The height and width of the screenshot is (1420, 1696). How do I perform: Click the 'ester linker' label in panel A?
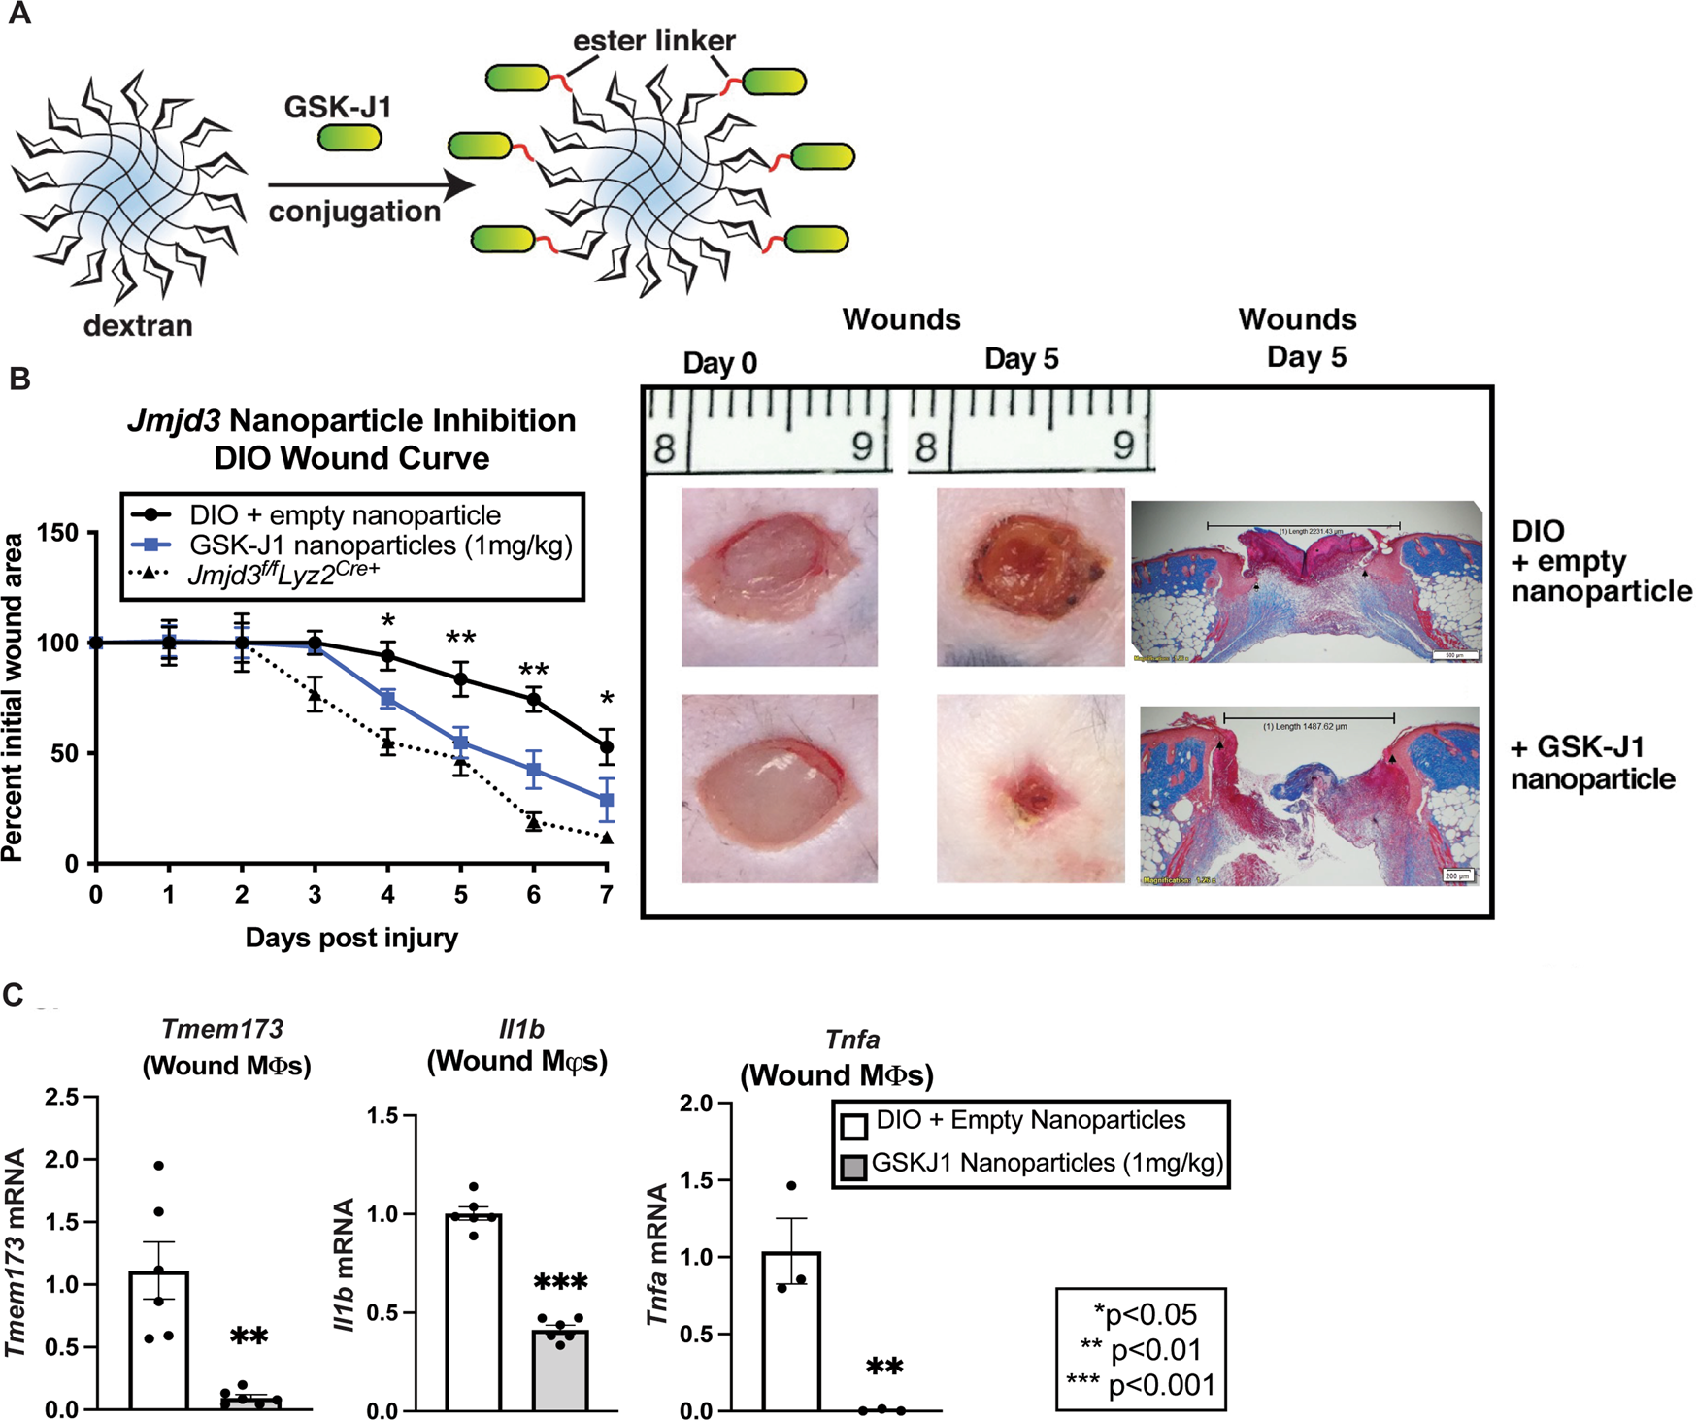[x=653, y=40]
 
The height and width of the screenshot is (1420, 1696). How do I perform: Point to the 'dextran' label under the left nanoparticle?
[x=138, y=325]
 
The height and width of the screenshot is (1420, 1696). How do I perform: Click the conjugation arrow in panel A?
[x=370, y=184]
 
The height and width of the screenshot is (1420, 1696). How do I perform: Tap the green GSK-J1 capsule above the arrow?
[x=349, y=138]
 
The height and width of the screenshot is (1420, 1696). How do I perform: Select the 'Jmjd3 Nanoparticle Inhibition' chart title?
[x=351, y=420]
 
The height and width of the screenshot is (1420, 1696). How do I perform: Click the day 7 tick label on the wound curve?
[x=607, y=894]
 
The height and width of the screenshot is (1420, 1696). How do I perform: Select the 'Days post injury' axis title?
[x=351, y=938]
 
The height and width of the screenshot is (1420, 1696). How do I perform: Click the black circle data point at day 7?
[x=607, y=747]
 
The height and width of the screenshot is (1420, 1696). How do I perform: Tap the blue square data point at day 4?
[x=388, y=699]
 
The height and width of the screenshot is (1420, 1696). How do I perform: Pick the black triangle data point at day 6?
[x=534, y=823]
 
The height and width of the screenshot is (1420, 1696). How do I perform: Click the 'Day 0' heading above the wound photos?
[x=719, y=363]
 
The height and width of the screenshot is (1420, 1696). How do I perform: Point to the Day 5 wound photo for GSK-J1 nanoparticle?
[x=1030, y=788]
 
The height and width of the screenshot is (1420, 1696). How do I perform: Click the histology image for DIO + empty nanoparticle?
[x=1307, y=581]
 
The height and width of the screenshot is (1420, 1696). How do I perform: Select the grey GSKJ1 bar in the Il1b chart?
[x=560, y=1370]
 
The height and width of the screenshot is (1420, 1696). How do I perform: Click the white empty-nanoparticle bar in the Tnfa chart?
[x=791, y=1330]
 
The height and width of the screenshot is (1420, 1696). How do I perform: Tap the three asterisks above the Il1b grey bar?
[x=561, y=1283]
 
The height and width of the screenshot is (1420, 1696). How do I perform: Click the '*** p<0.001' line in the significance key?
[x=1142, y=1384]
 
